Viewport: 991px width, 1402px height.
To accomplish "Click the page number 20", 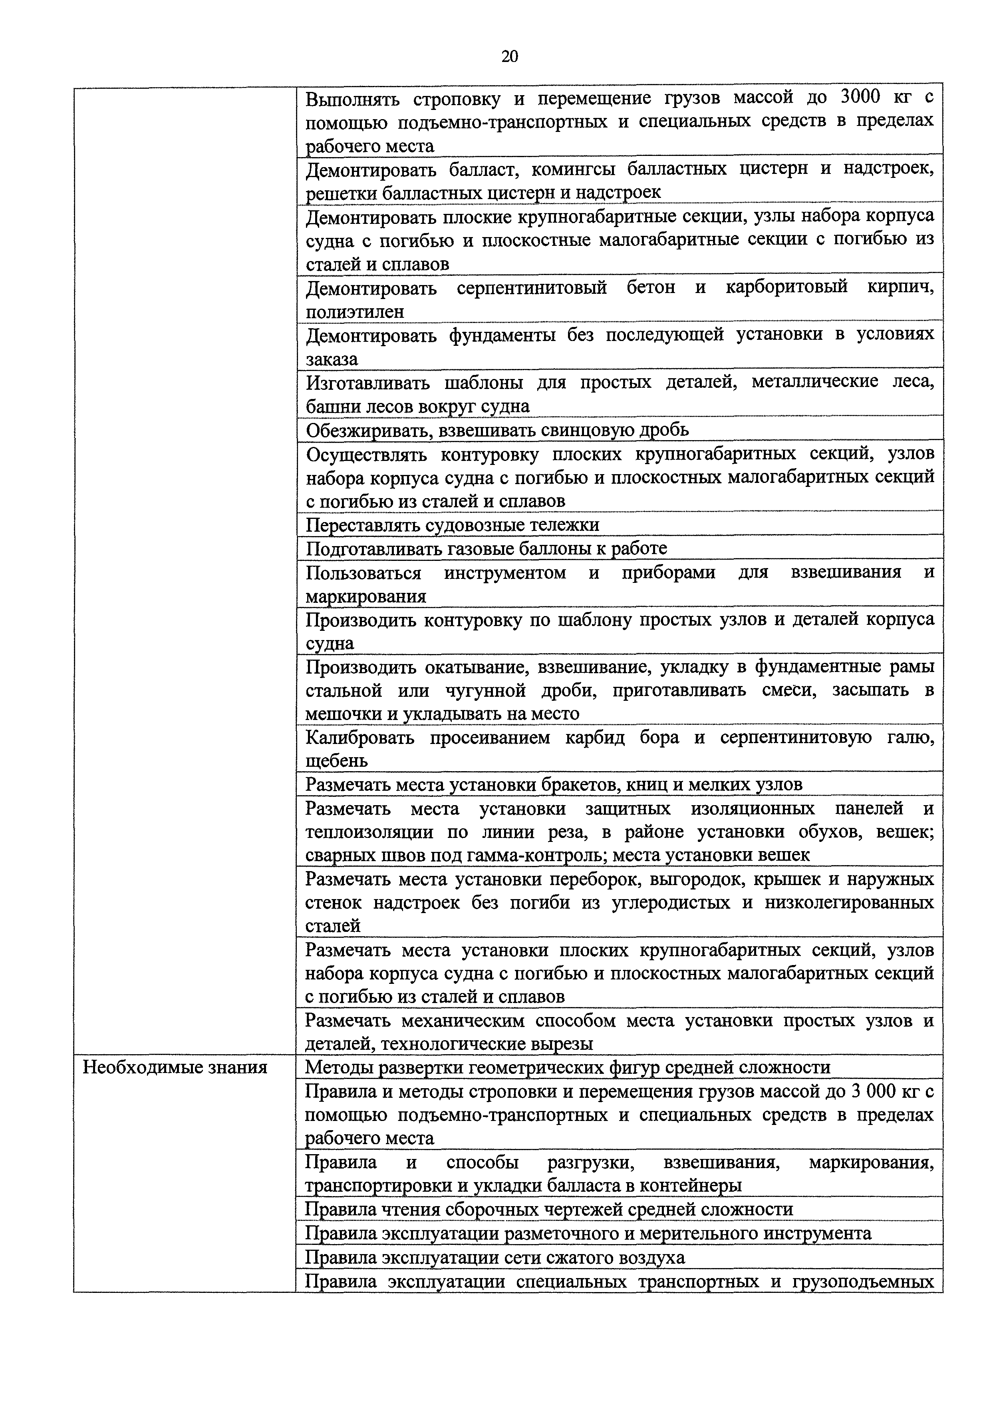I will tap(510, 57).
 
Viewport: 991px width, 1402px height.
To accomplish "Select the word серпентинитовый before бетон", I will tap(532, 287).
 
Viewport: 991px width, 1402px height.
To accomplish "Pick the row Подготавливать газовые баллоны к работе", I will tap(487, 548).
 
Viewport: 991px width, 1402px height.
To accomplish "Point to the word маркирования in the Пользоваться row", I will tap(365, 596).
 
